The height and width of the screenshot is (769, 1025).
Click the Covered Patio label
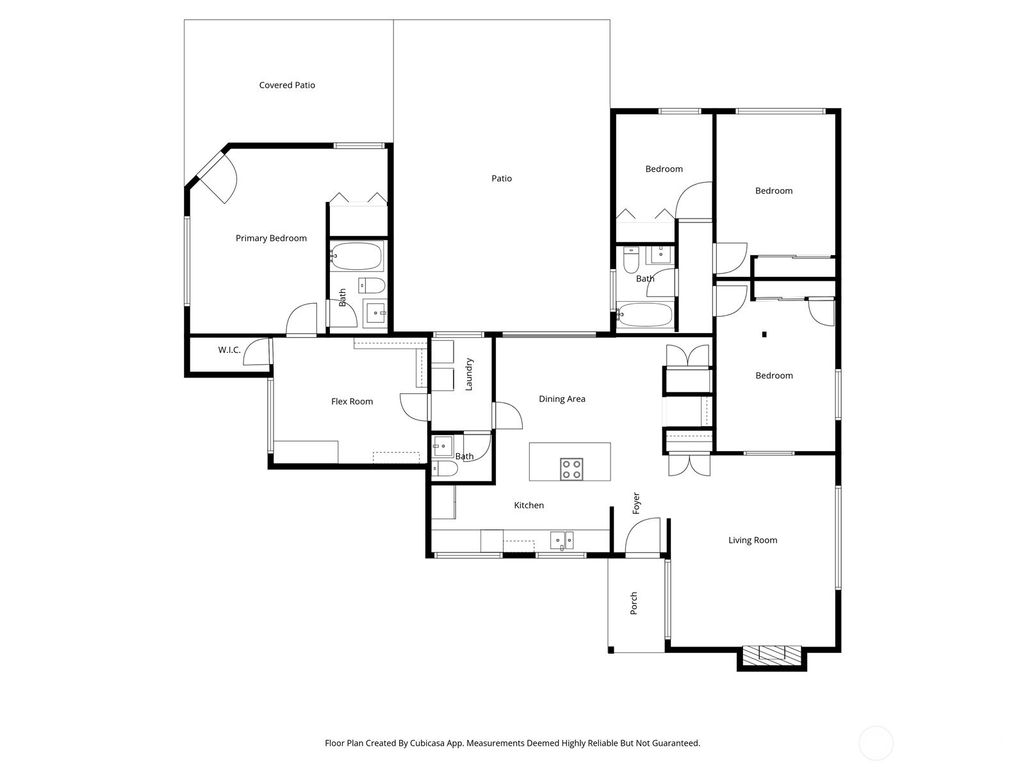point(287,85)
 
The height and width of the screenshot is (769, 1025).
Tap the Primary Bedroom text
point(271,238)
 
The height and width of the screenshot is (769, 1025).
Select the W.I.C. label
point(229,350)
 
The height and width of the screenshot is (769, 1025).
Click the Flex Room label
point(352,401)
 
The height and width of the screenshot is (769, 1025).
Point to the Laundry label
point(469,374)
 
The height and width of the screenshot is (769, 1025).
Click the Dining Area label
point(562,399)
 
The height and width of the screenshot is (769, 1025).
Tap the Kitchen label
point(529,505)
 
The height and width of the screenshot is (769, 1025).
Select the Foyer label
point(635,503)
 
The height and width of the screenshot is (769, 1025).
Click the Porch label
point(633,603)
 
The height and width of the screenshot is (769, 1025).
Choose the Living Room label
point(753,540)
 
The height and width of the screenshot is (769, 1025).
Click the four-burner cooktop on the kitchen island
point(571,469)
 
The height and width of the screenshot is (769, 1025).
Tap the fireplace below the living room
point(772,657)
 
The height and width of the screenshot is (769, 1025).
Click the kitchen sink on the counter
point(562,540)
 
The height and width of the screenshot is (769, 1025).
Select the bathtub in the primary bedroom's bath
point(357,256)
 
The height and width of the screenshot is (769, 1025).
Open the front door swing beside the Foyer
point(643,537)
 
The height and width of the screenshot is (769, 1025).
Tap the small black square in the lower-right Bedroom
point(764,335)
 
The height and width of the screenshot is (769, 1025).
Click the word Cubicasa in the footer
point(428,743)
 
